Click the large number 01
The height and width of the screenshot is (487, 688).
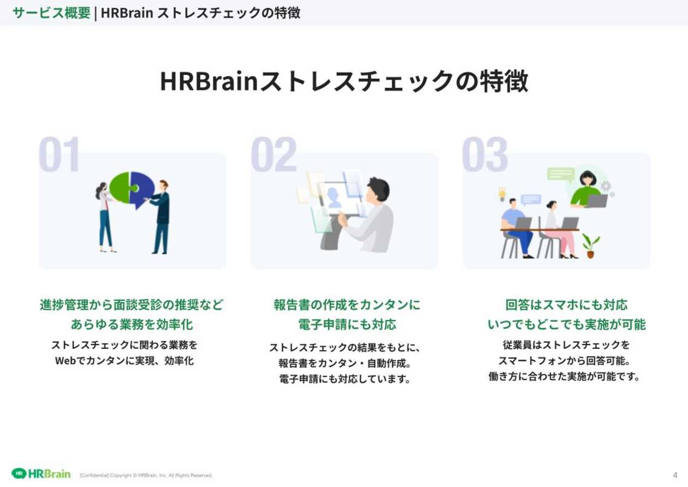point(60,155)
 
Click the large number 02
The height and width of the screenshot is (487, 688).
point(274,155)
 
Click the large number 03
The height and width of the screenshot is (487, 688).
point(485,155)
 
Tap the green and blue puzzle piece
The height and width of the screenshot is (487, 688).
point(132,189)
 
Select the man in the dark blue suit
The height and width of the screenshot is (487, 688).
point(161,218)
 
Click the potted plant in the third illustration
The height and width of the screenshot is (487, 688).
point(590,245)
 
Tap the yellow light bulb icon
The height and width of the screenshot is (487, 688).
point(502,193)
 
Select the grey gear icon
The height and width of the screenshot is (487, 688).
point(606,186)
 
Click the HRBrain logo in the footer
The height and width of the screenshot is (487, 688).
point(41,473)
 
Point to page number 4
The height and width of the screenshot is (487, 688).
point(675,475)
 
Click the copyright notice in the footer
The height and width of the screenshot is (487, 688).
point(146,476)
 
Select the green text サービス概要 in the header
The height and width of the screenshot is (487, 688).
point(51,13)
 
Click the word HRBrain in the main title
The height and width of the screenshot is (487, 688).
point(209,81)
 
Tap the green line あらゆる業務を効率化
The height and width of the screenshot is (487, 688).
point(132,324)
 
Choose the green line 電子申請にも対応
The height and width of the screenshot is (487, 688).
point(347,324)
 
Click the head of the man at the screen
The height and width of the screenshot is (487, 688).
point(378,188)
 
